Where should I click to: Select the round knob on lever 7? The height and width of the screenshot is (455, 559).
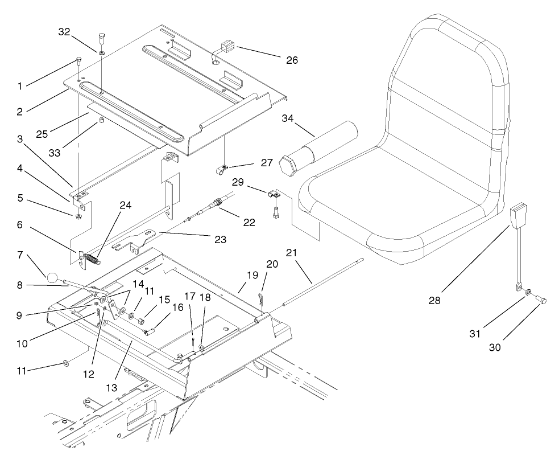coord(53,278)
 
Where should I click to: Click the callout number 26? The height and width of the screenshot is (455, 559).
coord(292,59)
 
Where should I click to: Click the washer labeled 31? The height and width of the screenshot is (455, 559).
coord(528,293)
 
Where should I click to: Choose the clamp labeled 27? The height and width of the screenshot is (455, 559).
coord(223,168)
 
